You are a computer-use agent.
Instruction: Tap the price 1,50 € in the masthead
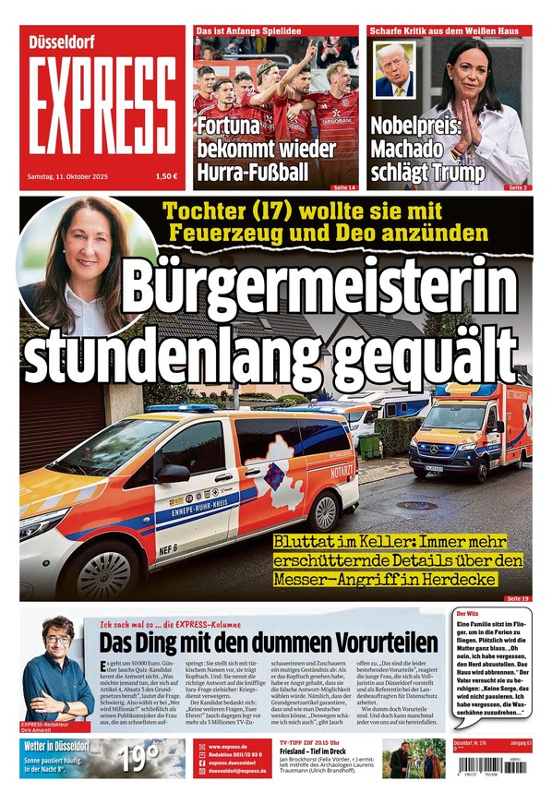tap(167, 176)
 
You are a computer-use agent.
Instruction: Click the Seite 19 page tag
tap(517, 599)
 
